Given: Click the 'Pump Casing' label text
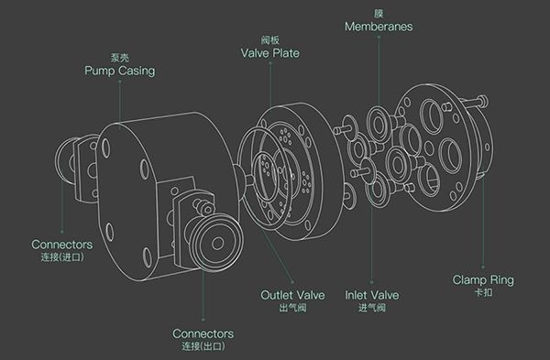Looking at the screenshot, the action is tap(119, 71).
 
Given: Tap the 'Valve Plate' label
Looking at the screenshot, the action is tap(270, 53).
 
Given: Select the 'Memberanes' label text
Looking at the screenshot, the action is tap(379, 27).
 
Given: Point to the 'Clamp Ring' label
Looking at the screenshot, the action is tap(483, 279).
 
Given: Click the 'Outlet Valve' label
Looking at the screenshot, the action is tap(292, 295).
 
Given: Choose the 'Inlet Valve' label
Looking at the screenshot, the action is tap(372, 295).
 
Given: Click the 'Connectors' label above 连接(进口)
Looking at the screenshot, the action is tap(62, 245).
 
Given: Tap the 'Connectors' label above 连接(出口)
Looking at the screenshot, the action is tap(203, 333).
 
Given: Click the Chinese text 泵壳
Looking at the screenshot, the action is tap(119, 58).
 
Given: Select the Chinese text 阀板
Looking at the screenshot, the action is tap(270, 40).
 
